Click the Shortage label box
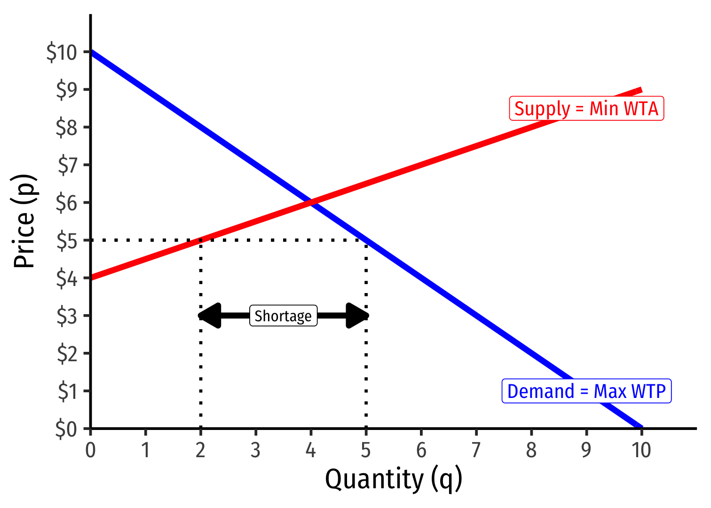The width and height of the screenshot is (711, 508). (283, 316)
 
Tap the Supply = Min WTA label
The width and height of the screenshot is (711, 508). (586, 109)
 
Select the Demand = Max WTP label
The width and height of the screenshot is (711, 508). (586, 391)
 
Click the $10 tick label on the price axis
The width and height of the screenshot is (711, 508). (62, 52)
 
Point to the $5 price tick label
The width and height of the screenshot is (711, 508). (66, 241)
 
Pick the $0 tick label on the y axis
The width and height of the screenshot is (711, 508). (66, 429)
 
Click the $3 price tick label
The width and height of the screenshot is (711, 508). (66, 316)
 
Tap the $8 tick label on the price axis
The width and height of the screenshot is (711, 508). (66, 127)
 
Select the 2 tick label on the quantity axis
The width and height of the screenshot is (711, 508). (200, 450)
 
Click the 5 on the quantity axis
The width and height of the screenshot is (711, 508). (366, 450)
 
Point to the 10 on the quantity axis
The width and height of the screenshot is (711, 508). (641, 450)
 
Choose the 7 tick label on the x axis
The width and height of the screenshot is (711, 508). (476, 450)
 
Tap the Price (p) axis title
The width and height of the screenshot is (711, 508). (24, 221)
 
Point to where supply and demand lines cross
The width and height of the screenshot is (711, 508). (311, 202)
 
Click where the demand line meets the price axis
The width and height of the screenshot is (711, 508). (91, 52)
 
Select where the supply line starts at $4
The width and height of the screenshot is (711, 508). (91, 278)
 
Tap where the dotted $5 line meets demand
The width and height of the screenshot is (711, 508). (366, 240)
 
